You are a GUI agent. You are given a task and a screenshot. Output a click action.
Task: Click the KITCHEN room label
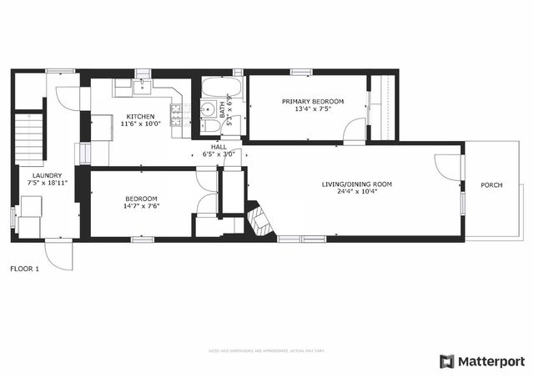click(x=139, y=116)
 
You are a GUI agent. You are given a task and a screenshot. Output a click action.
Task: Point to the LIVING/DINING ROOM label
click(x=357, y=184)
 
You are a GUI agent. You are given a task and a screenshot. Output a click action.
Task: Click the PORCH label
click(x=491, y=184)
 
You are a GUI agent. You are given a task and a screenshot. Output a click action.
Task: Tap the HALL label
click(x=219, y=146)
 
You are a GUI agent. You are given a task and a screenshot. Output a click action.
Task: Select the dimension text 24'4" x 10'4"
click(x=357, y=192)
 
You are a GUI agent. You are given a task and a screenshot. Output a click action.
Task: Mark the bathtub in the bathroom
click(x=221, y=88)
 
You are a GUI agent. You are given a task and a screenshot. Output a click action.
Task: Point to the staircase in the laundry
click(x=28, y=137)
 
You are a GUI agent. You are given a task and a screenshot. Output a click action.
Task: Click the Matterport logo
click(x=482, y=360)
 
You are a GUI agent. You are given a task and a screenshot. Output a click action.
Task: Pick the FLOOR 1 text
click(x=24, y=269)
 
